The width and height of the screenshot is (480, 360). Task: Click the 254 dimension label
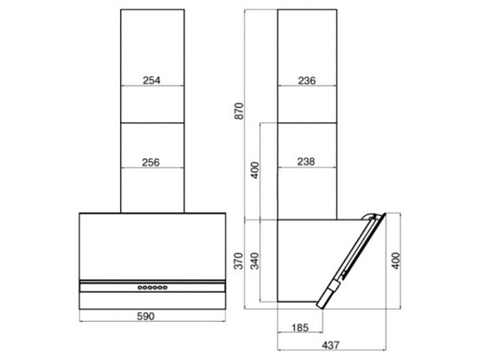point(151,80)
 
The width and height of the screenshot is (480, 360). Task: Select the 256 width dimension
point(150,162)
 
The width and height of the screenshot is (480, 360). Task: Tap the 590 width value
point(146,316)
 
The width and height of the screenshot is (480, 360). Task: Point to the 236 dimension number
point(306,81)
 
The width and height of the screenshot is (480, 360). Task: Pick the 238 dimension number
point(306,162)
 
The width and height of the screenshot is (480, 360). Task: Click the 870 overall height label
point(238,111)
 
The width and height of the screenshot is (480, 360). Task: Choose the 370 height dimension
point(238,261)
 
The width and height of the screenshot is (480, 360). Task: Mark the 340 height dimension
point(254,261)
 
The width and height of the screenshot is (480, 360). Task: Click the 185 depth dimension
point(300,328)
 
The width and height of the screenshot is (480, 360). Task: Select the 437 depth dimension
point(331,346)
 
